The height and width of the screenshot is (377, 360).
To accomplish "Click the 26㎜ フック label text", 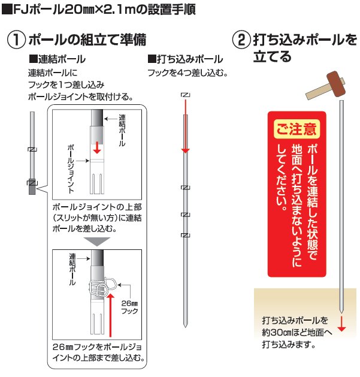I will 129,307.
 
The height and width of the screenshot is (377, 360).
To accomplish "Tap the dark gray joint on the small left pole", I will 32,186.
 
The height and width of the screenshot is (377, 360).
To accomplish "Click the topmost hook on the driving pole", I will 184,95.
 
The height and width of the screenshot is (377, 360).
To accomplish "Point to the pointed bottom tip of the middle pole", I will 185,324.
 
